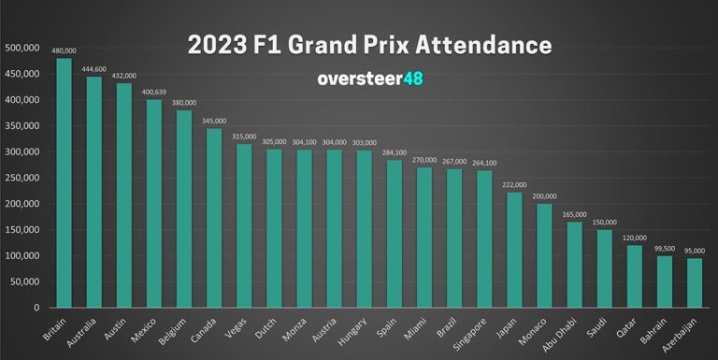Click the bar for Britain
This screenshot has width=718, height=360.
pyautogui.click(x=65, y=183)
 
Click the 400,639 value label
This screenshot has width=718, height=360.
pyautogui.click(x=154, y=92)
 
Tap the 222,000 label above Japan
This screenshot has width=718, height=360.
pyautogui.click(x=514, y=184)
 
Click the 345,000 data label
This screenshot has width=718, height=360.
pyautogui.click(x=214, y=121)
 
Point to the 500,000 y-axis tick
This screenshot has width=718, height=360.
pyautogui.click(x=22, y=48)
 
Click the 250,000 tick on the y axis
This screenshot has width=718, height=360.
pyautogui.click(x=22, y=178)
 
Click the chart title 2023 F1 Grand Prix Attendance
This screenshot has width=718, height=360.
pyautogui.click(x=369, y=45)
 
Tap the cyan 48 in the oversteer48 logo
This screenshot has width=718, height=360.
pyautogui.click(x=413, y=79)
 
